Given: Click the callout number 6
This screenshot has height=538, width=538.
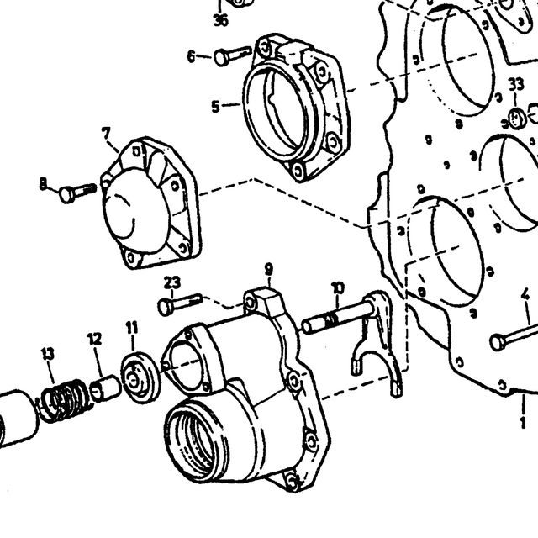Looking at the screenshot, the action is click(x=192, y=55).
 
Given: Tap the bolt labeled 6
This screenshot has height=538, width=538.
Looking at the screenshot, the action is click(x=233, y=55).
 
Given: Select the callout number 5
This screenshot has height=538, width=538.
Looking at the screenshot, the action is click(x=215, y=107).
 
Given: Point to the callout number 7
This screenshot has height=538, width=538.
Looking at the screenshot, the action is click(x=106, y=134).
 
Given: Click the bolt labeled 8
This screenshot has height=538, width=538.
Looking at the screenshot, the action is click(x=78, y=193).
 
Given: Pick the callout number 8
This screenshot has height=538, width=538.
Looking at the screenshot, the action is click(x=43, y=184).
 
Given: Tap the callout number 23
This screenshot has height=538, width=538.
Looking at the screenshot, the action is click(x=171, y=282).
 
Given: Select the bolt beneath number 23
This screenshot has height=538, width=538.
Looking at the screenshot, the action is click(x=180, y=303).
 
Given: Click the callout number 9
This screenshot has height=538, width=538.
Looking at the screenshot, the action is click(x=269, y=269).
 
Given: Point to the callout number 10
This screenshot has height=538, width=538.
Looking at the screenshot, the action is click(x=338, y=288).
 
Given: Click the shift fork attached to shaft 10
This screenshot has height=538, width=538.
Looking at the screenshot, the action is click(x=376, y=343).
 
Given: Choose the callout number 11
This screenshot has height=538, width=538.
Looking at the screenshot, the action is click(x=132, y=328).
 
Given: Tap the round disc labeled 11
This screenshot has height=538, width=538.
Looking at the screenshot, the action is click(x=140, y=377).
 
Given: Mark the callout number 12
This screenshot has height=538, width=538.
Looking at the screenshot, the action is click(x=95, y=339).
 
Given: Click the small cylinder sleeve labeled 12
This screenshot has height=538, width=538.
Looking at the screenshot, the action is click(x=104, y=388).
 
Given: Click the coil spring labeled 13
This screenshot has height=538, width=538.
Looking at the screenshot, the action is click(x=66, y=400).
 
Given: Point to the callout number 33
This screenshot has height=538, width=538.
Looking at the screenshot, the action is click(x=516, y=84).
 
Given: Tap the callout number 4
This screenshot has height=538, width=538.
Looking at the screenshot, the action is click(x=525, y=295).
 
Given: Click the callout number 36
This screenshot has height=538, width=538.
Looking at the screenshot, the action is click(x=220, y=20).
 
